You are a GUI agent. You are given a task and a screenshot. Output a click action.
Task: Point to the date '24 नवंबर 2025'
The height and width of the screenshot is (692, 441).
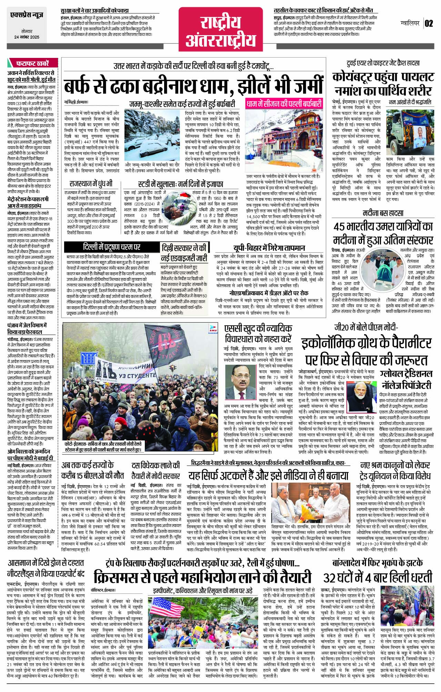pyautogui.click(x=27, y=37)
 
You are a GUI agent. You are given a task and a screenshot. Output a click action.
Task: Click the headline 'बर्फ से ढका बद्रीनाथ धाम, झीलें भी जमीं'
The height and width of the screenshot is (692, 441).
pyautogui.click(x=193, y=86)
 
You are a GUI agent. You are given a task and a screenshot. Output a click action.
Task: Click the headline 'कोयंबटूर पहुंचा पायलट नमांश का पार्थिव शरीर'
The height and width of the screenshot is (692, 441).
pyautogui.click(x=383, y=84)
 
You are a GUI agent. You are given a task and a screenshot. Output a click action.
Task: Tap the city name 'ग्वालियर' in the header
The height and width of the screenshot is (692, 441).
pyautogui.click(x=410, y=23)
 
